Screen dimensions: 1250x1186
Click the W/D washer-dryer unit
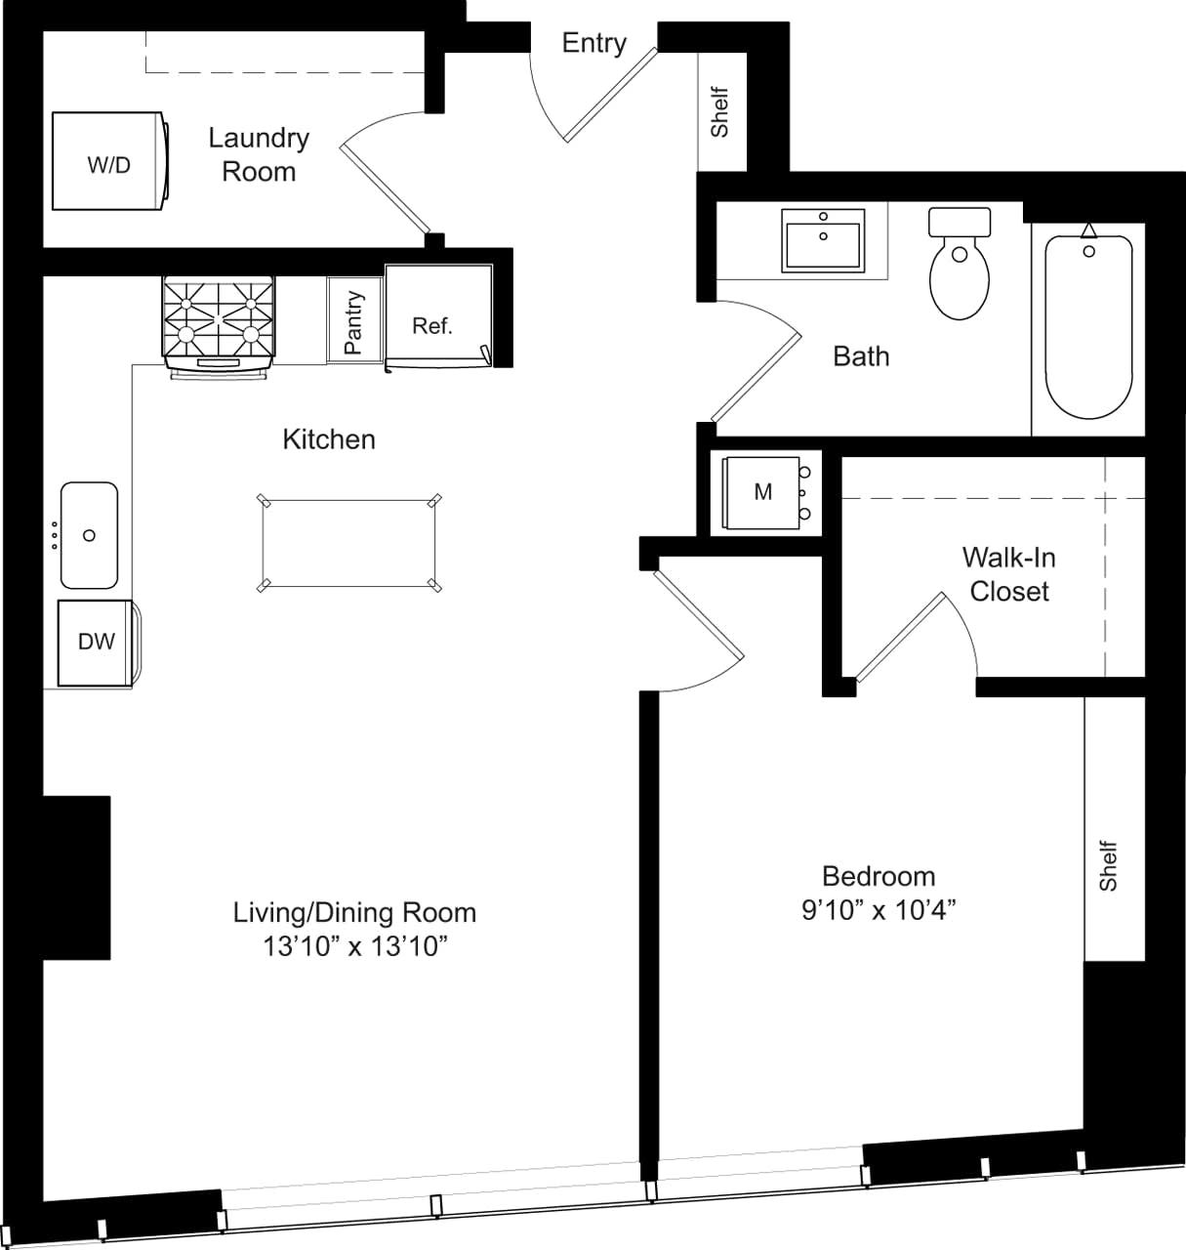[108, 162]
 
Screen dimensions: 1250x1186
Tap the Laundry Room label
[259, 154]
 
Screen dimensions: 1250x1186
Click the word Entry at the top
[593, 43]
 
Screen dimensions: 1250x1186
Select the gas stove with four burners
[219, 320]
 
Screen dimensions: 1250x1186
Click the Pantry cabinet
[353, 320]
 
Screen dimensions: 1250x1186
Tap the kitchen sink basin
[89, 534]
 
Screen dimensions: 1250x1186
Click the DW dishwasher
[96, 642]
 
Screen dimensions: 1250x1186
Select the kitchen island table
[349, 543]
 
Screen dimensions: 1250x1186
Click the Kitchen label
[329, 439]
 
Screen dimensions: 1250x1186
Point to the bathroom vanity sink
[823, 239]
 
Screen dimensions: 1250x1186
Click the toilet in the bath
[960, 264]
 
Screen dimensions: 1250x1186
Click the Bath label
[861, 356]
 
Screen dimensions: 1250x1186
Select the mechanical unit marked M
[762, 492]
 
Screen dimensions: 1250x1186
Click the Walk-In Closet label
[1008, 574]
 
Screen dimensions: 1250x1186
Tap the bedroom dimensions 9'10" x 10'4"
[878, 910]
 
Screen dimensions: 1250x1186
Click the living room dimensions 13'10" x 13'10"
[354, 945]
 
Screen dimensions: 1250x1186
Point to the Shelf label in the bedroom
[1108, 865]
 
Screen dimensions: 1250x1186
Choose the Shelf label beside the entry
[720, 112]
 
